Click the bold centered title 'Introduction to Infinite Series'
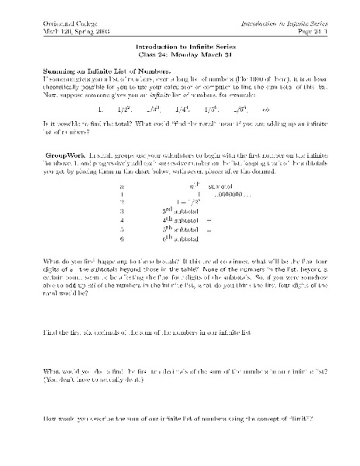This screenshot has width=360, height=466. click(x=179, y=47)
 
